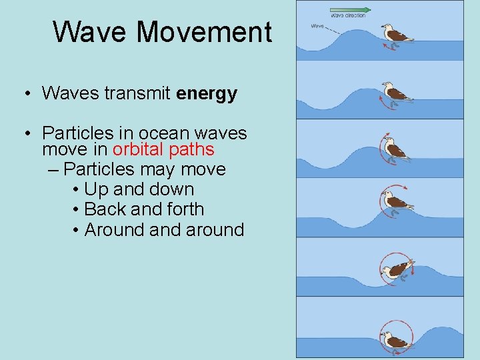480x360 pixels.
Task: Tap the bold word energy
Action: tap(207, 93)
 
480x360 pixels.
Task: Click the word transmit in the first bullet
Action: tap(138, 93)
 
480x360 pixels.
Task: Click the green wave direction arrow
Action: tap(351, 9)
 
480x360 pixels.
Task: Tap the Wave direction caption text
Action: tap(348, 15)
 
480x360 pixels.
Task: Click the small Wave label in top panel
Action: tap(318, 27)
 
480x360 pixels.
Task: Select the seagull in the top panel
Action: tap(396, 34)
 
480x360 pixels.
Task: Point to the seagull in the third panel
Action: tap(395, 149)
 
